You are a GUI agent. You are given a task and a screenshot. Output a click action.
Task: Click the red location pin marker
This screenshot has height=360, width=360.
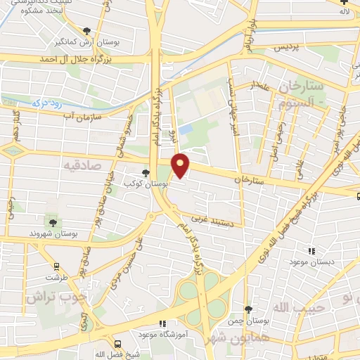click(x=181, y=165)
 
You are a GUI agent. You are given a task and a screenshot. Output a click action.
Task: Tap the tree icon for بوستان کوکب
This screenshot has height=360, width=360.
click(x=146, y=172)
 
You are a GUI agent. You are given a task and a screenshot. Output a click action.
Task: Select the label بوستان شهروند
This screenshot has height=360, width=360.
click(x=53, y=233)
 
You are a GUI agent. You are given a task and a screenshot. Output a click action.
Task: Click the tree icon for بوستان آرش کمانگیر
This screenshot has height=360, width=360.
click(x=86, y=31)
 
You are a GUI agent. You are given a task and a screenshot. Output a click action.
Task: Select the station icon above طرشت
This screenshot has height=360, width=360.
click(x=56, y=266)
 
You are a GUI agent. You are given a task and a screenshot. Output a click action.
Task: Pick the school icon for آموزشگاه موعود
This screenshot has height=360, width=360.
click(x=163, y=324)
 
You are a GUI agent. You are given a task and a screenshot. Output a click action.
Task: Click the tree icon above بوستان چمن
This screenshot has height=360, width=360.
click(x=248, y=309)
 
